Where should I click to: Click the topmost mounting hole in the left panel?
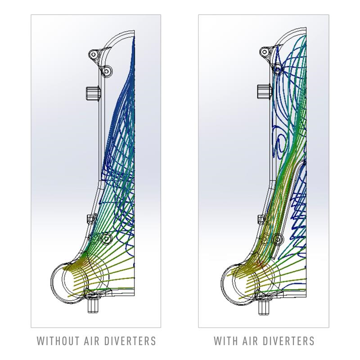click(94, 54)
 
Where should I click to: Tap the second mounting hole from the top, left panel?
click(107, 71)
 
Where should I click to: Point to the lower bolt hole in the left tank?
click(106, 239)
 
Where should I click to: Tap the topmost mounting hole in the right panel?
click(265, 51)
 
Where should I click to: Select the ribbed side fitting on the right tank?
click(264, 92)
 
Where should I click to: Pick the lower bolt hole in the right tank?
click(278, 239)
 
